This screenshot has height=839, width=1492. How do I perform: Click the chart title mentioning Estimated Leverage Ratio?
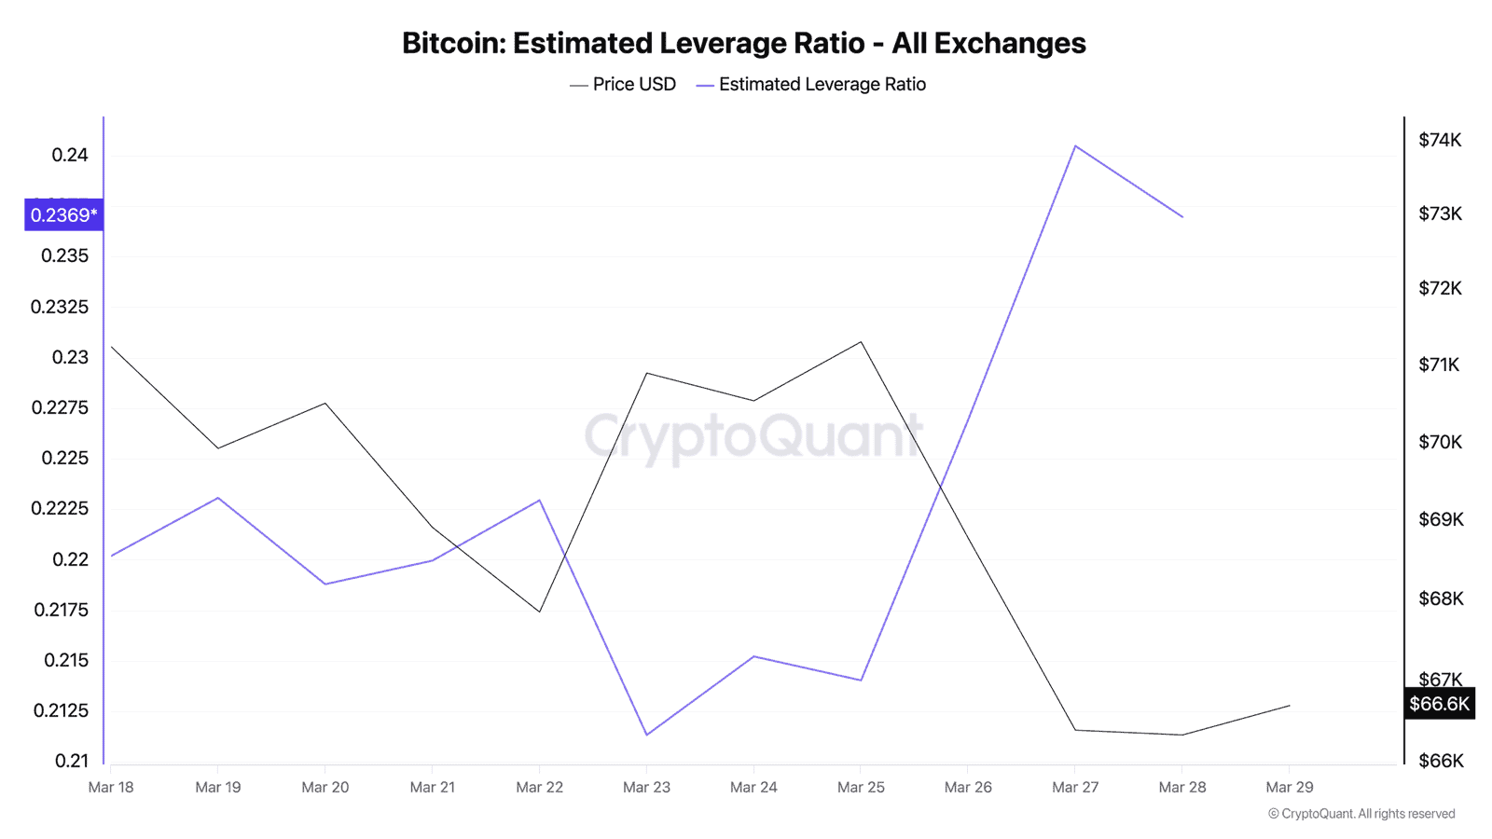point(743,43)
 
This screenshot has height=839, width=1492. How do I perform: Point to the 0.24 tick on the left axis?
point(70,155)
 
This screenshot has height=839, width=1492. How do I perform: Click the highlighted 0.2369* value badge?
point(63,215)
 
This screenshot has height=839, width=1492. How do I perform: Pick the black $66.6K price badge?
point(1439,704)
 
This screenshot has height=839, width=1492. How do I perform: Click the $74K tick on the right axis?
point(1440,140)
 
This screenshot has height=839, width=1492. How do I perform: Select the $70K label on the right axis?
point(1440,442)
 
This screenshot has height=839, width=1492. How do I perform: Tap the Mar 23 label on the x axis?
point(646,788)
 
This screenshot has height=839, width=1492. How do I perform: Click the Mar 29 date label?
point(1289,788)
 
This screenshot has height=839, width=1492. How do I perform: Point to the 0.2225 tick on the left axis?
point(60,508)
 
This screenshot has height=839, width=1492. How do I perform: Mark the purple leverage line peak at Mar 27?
point(1075,145)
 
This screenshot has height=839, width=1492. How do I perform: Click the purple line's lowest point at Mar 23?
point(646,735)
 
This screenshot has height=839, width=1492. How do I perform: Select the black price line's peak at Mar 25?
point(861,342)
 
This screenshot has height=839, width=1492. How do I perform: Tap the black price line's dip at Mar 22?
point(539,612)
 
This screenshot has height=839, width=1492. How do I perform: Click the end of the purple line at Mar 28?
point(1182,217)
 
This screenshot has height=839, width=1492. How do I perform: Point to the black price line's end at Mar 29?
point(1290,706)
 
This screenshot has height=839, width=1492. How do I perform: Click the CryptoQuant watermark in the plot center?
point(753,436)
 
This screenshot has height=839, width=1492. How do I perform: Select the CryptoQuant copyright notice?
point(1361,814)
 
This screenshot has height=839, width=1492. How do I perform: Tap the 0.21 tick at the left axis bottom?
point(72,761)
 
